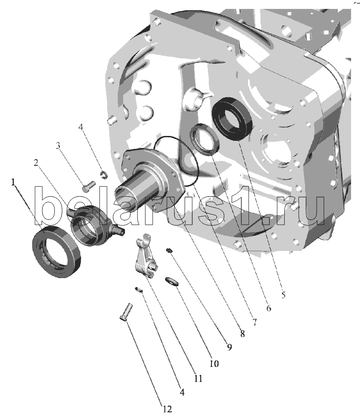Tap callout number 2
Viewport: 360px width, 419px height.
[x=36, y=162]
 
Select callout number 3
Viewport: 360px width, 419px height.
[x=58, y=146]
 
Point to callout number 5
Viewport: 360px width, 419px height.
[x=283, y=295]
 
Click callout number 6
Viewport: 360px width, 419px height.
[x=269, y=308]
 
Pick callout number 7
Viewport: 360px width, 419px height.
[x=254, y=322]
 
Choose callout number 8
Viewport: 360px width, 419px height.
[x=242, y=333]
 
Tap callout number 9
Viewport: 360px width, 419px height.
[x=229, y=347]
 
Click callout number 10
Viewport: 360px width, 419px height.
[x=214, y=363]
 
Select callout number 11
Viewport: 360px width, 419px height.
[x=198, y=378]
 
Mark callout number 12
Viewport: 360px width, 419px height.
[x=167, y=409]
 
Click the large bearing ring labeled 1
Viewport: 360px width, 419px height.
[x=57, y=251]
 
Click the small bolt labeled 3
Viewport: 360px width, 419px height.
[x=88, y=186]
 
